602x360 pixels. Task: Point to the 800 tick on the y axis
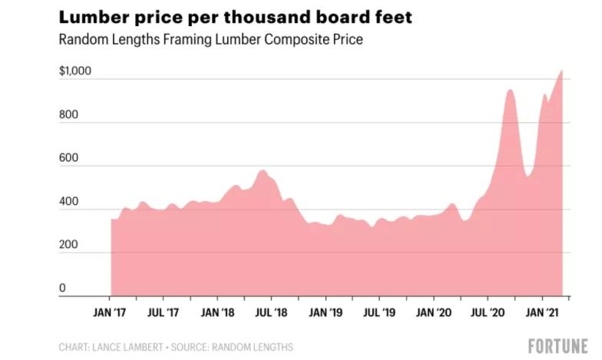[68, 115]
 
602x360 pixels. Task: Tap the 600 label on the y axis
[68, 158]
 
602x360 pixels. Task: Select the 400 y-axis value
[68, 202]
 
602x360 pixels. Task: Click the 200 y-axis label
[68, 245]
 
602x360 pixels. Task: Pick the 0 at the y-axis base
[62, 289]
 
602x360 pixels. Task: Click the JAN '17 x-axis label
[110, 314]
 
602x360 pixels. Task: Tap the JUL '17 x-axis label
[164, 314]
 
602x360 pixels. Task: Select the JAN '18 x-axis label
[218, 314]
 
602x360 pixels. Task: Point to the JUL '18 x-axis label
[272, 314]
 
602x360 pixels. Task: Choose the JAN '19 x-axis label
[326, 314]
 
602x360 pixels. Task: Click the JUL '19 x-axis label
[380, 314]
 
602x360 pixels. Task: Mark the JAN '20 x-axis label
[434, 314]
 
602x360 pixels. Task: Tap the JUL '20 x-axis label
[488, 314]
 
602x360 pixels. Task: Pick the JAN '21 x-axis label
[542, 314]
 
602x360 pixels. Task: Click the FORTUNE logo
[557, 345]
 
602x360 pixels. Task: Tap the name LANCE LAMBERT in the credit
[129, 348]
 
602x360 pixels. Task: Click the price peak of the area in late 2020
[509, 90]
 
